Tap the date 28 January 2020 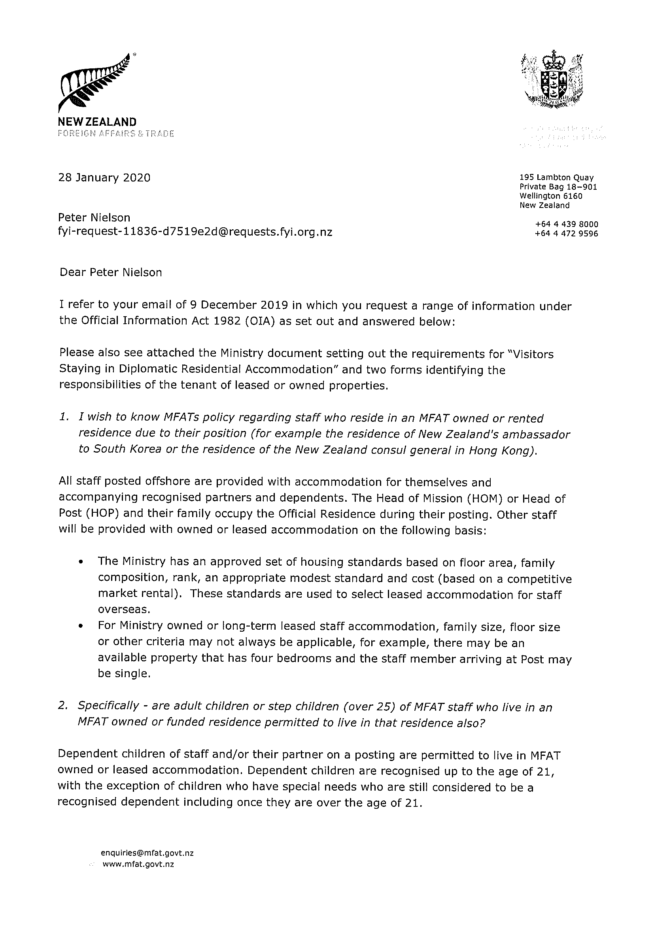click(104, 177)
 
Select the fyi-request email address click(195, 232)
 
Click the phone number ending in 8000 click(567, 225)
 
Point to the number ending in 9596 click(567, 234)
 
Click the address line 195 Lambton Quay click(556, 177)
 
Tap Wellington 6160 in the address click(550, 196)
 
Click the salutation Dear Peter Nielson click(111, 273)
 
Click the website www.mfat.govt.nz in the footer click(139, 865)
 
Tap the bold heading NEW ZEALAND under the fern click(98, 122)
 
